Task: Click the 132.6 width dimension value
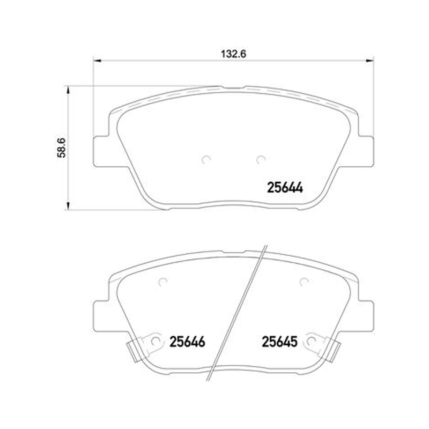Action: coord(233,54)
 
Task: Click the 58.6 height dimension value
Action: coord(61,148)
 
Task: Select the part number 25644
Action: coord(285,188)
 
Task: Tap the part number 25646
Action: coord(187,342)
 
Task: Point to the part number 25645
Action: coord(279,342)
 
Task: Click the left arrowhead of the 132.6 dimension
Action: coord(97,61)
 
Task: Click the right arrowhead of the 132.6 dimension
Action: coord(370,61)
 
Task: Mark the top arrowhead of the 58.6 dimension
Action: coord(68,90)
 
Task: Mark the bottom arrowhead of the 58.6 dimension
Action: coord(68,206)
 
